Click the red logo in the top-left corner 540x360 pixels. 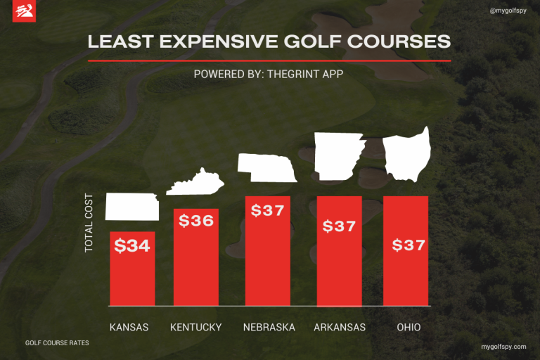pos(24,12)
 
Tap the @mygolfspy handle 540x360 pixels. pos(508,11)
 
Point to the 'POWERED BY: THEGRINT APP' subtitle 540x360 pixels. pos(269,73)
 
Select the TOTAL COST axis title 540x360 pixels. pos(89,222)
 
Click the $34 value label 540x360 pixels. pos(132,246)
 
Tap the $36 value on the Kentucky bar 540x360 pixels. pos(196,221)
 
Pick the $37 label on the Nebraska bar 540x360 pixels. pos(267,210)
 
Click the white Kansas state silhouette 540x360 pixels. pos(131,207)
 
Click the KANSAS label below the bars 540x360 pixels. pos(129,327)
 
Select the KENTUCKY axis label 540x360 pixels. pos(196,327)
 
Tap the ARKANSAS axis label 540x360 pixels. pos(340,327)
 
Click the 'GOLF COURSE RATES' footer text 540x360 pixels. pos(57,343)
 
